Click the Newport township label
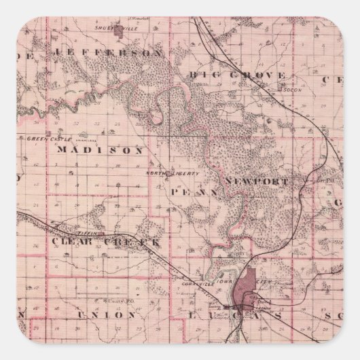257,182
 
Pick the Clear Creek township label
106,242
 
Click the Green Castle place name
43,138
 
